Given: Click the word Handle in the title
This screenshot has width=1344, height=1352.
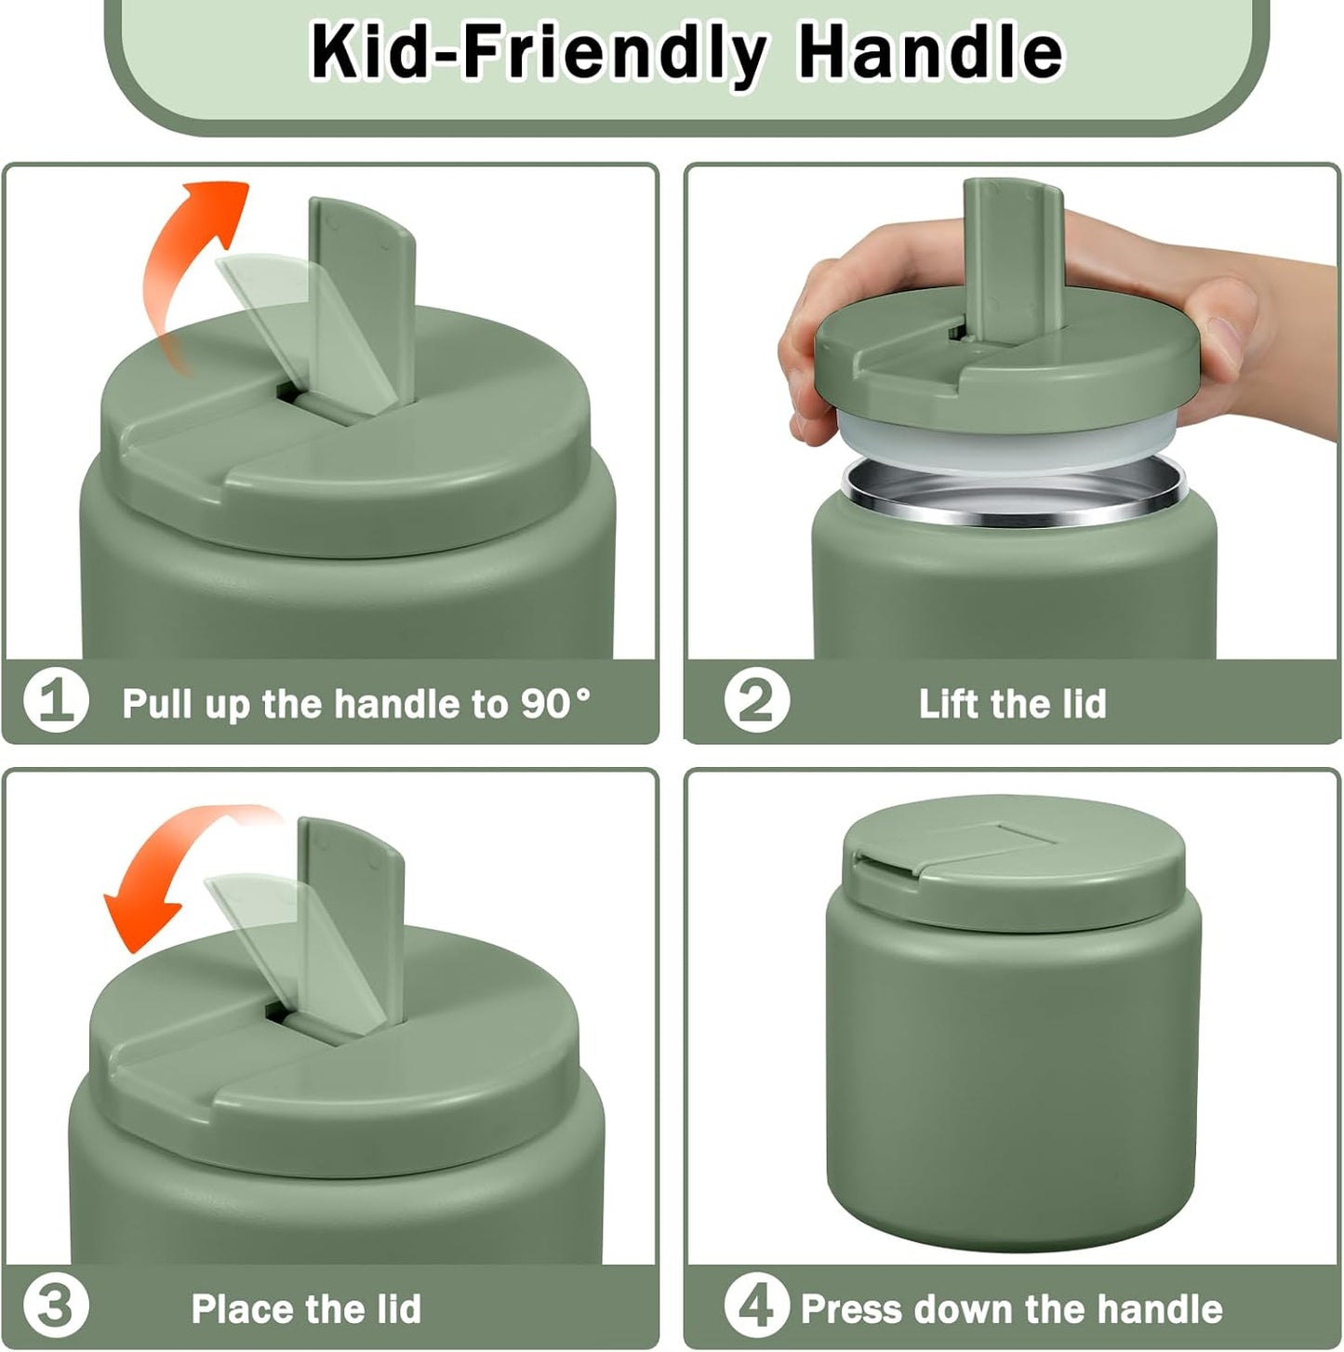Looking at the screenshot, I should point(930,51).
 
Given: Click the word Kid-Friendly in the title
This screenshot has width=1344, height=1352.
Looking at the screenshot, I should point(538,51).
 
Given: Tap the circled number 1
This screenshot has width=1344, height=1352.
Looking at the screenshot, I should point(56,701).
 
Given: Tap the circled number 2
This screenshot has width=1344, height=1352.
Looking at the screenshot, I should point(756,701).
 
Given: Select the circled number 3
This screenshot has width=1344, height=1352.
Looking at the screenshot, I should point(56,1306).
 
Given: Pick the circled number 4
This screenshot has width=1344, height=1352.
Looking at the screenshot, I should point(756,1306).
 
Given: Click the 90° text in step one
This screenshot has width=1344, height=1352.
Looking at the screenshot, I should point(555,703).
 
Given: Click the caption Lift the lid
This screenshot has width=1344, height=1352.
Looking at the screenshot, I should point(1012,703).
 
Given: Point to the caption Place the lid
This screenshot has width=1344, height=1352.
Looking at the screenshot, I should point(306,1308).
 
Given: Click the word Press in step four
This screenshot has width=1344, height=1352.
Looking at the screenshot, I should point(851,1308).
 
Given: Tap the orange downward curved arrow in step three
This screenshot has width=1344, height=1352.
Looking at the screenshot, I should point(177,883).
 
